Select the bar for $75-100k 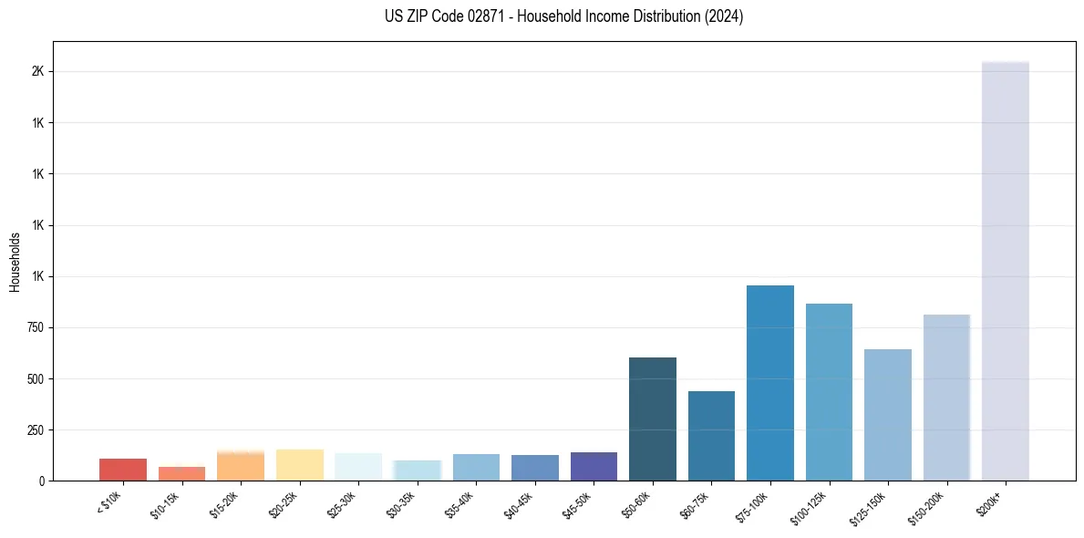coord(769,383)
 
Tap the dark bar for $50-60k coord(652,419)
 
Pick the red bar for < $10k coord(123,470)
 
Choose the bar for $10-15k coord(181,473)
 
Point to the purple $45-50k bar coord(594,466)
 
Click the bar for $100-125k coord(829,392)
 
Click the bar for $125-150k coord(887,415)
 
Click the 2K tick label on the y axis coord(39,72)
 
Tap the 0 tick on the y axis coord(42,481)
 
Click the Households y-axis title coord(15,261)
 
